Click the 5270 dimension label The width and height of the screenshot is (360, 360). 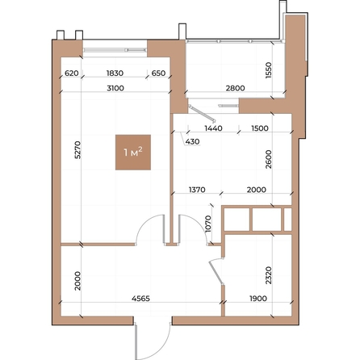pyautogui.click(x=77, y=149)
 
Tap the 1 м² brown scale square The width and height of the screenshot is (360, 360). pyautogui.click(x=133, y=153)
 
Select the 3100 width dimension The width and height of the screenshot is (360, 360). pyautogui.click(x=115, y=88)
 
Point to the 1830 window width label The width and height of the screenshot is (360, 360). pyautogui.click(x=115, y=73)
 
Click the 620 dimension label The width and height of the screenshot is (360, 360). pyautogui.click(x=72, y=73)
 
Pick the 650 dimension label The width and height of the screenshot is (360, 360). pyautogui.click(x=158, y=73)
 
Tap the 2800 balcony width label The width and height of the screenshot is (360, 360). pyautogui.click(x=236, y=88)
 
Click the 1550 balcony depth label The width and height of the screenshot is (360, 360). pyautogui.click(x=269, y=70)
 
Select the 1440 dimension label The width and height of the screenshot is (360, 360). pyautogui.click(x=214, y=128)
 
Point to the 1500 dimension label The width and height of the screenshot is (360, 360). pyautogui.click(x=260, y=128)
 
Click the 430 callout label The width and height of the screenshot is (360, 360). pyautogui.click(x=192, y=141)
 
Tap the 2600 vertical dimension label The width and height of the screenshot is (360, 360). pyautogui.click(x=269, y=159)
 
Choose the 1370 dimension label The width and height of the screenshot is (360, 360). pyautogui.click(x=197, y=190)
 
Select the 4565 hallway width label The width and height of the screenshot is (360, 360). pyautogui.click(x=140, y=299)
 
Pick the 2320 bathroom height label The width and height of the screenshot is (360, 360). pyautogui.click(x=269, y=275)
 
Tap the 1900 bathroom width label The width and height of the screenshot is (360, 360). pyautogui.click(x=258, y=299)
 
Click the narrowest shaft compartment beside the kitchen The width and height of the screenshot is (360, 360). pyautogui.click(x=288, y=220)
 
